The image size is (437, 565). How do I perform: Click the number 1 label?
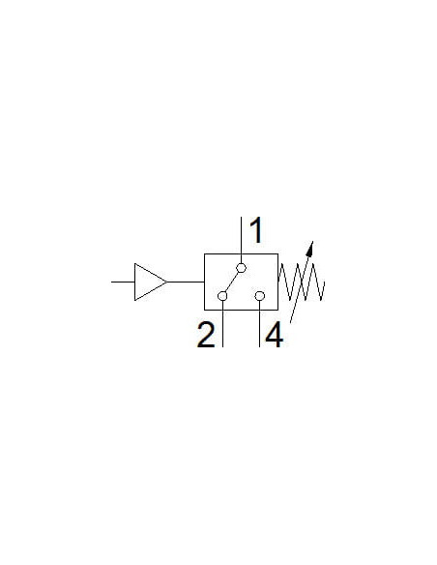[256, 230]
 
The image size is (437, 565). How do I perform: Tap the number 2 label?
[206, 335]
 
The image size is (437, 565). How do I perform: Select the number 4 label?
[274, 335]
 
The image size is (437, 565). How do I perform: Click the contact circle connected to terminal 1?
[241, 268]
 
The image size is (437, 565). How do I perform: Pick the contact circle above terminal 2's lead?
[222, 296]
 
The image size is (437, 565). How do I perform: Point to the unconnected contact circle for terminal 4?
[259, 296]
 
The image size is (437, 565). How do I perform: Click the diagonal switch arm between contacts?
[232, 282]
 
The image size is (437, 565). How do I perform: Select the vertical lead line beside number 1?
[241, 240]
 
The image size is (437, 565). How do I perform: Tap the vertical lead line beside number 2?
[222, 324]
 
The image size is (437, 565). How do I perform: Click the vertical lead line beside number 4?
[259, 324]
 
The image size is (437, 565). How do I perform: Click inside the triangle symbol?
[146, 282]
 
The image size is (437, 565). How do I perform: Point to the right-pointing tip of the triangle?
[167, 282]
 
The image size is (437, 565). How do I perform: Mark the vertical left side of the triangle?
[135, 282]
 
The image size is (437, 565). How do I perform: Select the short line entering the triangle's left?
[123, 282]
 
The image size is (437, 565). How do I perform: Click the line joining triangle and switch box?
[186, 282]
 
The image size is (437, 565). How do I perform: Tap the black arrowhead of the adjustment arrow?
[310, 249]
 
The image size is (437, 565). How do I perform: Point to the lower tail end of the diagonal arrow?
[290, 322]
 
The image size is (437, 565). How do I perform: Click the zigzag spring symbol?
[302, 282]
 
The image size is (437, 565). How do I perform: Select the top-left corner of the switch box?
[204, 254]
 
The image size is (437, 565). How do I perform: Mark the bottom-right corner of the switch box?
[277, 310]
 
